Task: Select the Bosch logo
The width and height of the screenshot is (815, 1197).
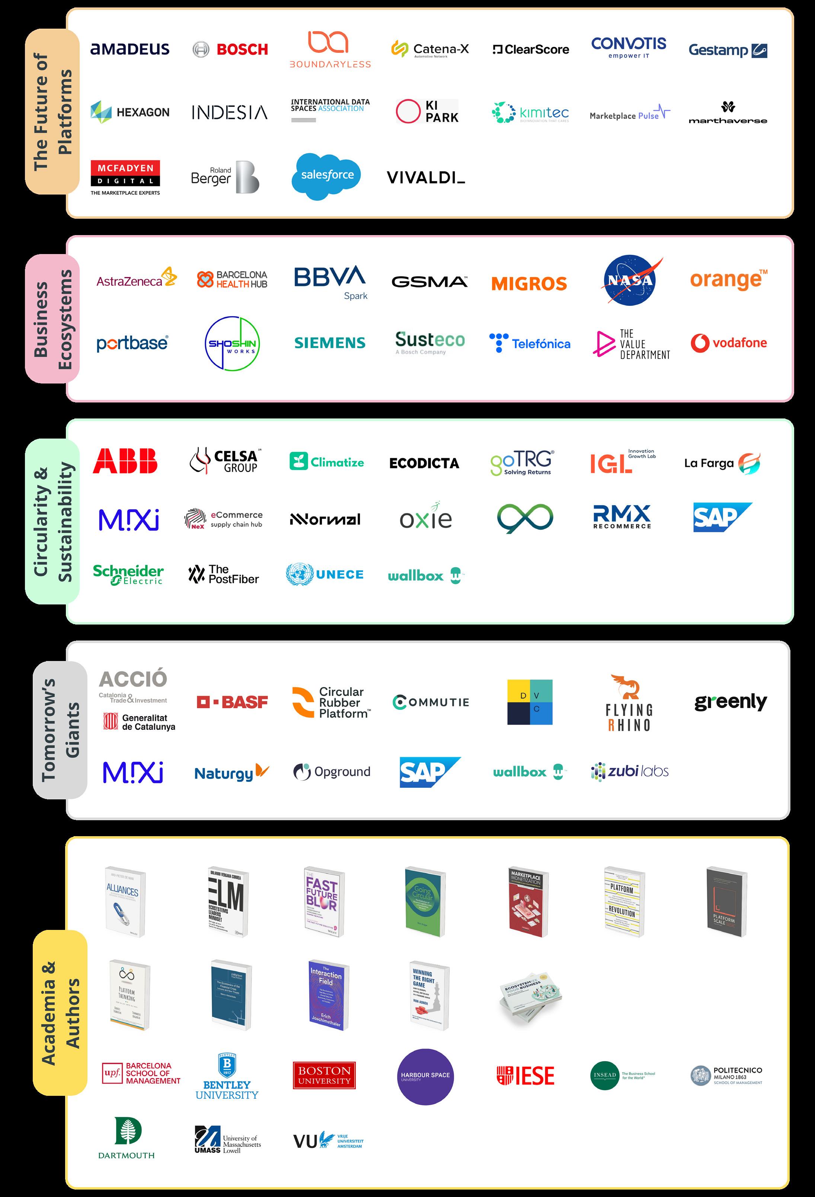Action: click(x=230, y=49)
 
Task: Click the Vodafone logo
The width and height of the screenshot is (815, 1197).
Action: click(x=728, y=343)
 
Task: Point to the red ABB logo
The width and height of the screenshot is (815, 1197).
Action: click(x=125, y=461)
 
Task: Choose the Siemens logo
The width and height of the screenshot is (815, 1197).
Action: click(x=330, y=343)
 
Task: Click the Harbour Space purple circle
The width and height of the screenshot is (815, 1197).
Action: click(x=425, y=1076)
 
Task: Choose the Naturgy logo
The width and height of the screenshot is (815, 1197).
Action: click(x=231, y=773)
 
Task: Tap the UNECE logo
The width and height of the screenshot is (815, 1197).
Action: click(x=325, y=574)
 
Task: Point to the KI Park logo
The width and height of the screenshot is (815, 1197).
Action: click(x=427, y=111)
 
